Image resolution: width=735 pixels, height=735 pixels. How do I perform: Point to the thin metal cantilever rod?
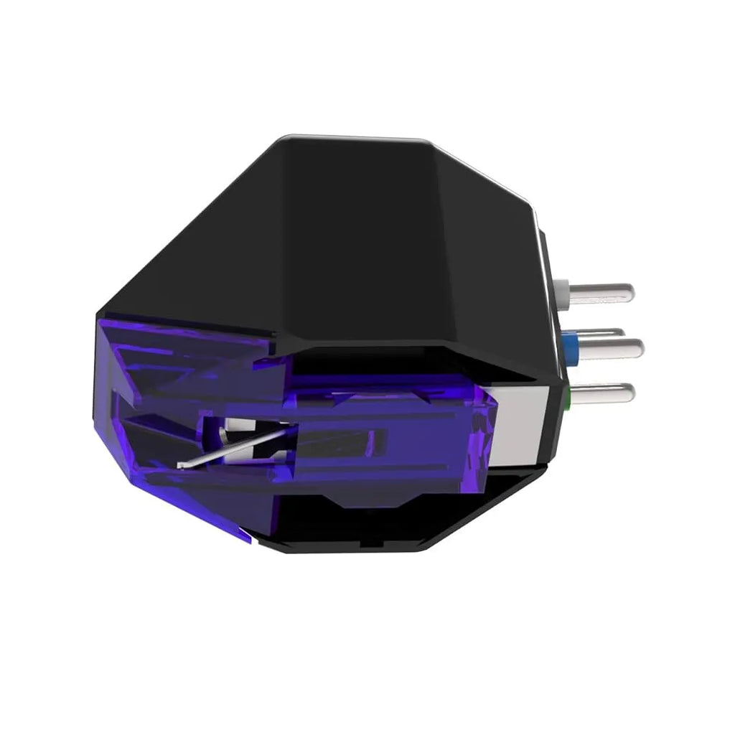[237, 445]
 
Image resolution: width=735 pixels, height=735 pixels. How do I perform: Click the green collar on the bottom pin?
[568, 393]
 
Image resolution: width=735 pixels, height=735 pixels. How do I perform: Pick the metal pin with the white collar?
[603, 291]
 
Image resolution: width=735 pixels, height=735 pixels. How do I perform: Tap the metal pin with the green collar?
[603, 393]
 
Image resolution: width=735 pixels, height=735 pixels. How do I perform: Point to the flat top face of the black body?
[359, 215]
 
